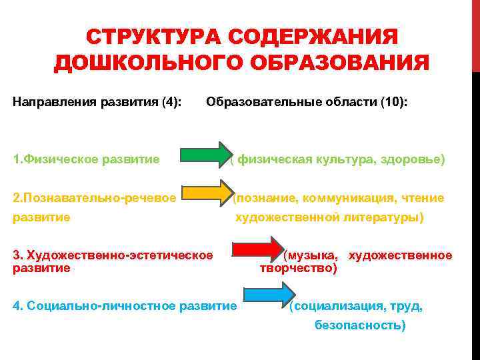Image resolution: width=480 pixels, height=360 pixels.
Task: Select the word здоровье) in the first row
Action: coord(413,159)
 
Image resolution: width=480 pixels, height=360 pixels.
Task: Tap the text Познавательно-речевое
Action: coord(99,197)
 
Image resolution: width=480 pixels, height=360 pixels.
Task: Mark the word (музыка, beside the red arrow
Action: coord(311,255)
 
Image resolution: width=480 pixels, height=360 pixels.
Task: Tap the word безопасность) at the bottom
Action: coord(360,326)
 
